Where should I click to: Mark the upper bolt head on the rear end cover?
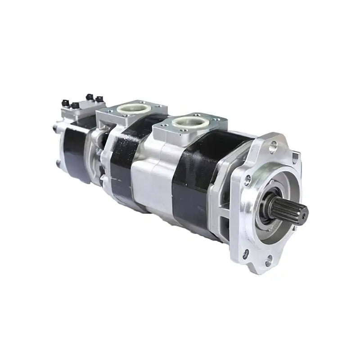coord(55,129)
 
